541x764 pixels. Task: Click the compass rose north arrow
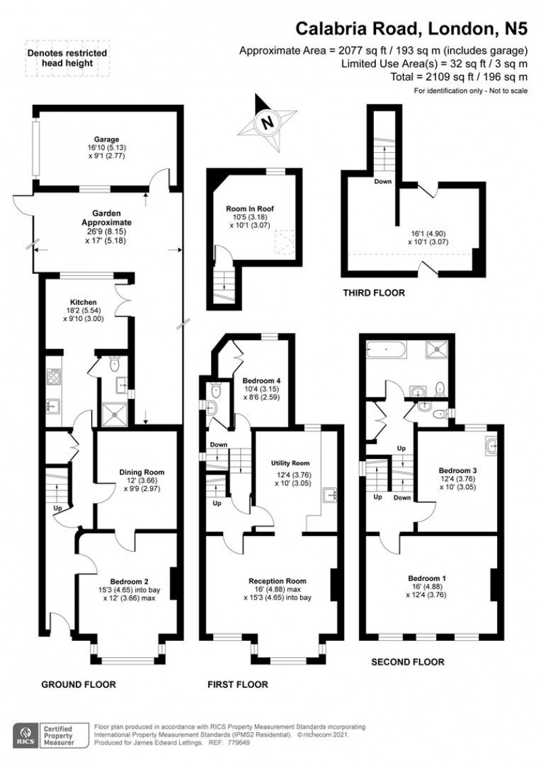(269, 122)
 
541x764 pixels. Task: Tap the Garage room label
(106, 140)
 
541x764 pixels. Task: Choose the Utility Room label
(291, 463)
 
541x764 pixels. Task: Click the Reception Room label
(277, 581)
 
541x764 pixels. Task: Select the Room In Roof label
(250, 209)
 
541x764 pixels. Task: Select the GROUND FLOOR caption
(78, 684)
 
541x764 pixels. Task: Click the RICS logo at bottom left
(26, 734)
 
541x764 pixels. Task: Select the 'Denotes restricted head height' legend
(66, 58)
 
